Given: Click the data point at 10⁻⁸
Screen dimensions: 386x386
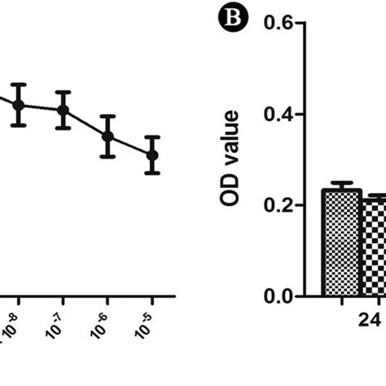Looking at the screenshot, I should coord(19,104).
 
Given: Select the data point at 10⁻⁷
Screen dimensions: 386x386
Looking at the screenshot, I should coord(63,110).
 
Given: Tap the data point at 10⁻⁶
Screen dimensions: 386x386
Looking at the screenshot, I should coord(107,136).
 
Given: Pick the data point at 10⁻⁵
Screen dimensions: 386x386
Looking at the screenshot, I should coord(151,154).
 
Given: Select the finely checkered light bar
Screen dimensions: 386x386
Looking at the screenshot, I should coord(340,244).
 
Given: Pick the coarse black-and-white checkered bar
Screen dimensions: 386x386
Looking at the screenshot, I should coord(373,248).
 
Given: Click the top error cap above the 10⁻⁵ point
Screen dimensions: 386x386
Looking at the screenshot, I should coord(151,137).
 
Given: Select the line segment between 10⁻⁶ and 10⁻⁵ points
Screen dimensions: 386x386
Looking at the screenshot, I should coord(129,145).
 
